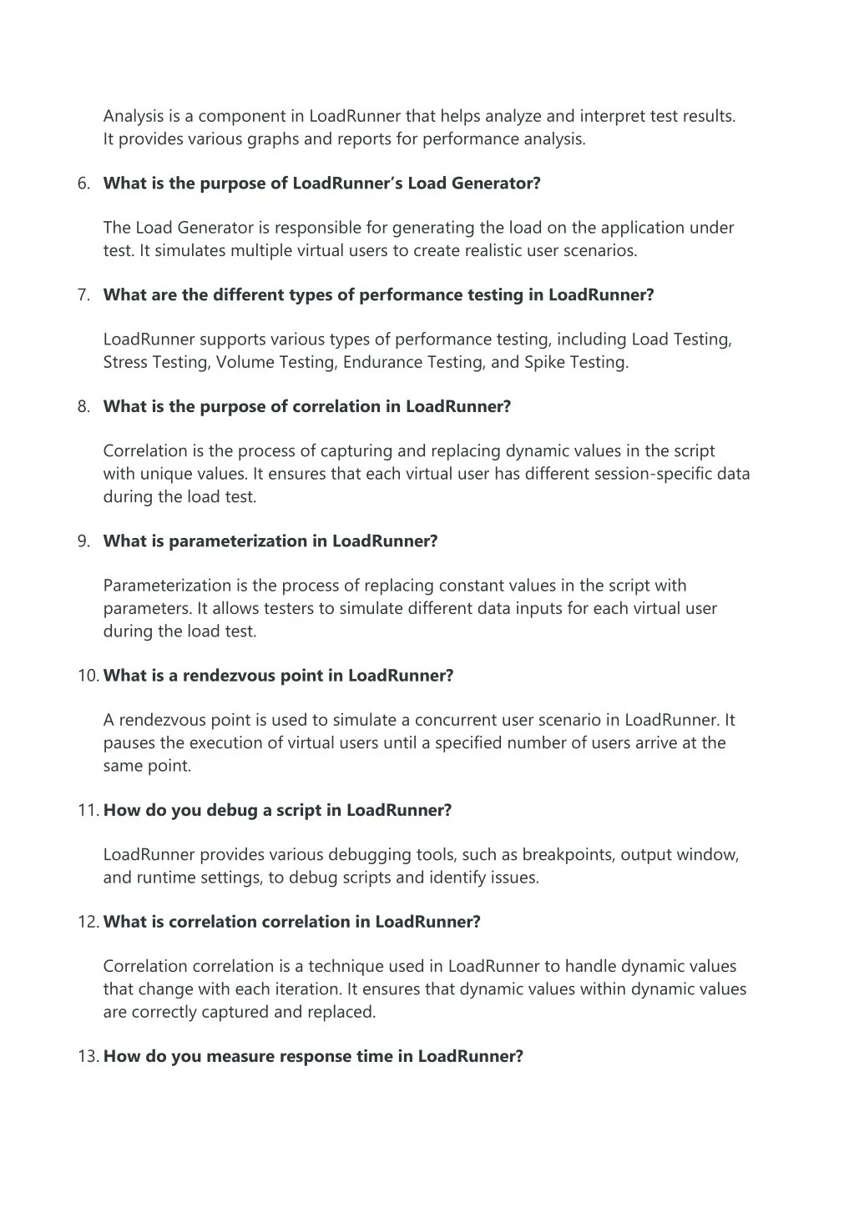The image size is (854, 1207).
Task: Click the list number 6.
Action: [83, 184]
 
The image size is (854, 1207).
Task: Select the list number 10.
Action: [88, 676]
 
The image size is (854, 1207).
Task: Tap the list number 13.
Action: [88, 1057]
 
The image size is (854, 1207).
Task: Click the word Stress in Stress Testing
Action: [125, 363]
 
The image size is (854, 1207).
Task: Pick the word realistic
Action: [483, 251]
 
